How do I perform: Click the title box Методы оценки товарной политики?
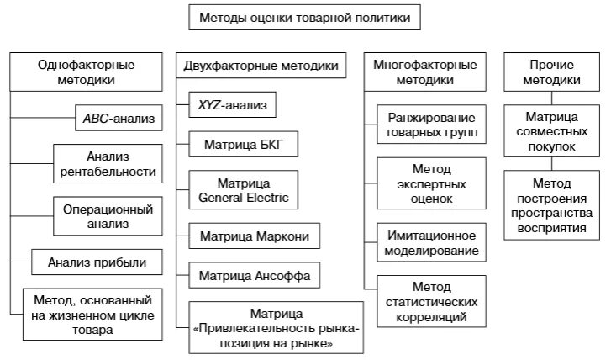pos(304,17)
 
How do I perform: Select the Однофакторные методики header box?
pos(87,71)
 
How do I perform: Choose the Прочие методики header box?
pos(551,71)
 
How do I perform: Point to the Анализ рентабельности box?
pos(108,164)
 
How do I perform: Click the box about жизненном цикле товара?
pos(92,314)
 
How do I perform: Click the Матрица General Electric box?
pos(244,190)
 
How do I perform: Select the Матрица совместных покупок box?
pos(551,131)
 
